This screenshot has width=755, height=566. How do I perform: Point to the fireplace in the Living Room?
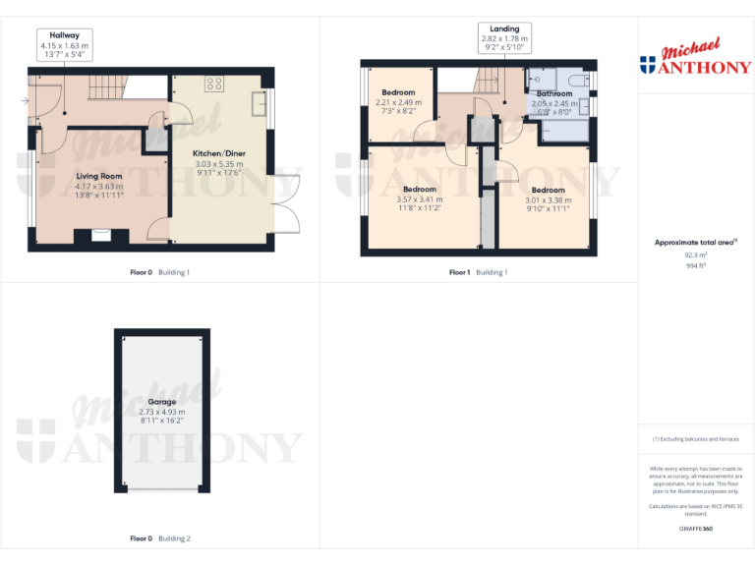(100, 235)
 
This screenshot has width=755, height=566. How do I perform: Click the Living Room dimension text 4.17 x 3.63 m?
(99, 186)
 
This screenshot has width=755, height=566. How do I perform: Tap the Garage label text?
(162, 402)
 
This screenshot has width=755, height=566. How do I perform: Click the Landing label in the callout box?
(504, 28)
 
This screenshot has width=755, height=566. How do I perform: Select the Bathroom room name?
(554, 94)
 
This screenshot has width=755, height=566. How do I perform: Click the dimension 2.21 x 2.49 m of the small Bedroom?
(398, 102)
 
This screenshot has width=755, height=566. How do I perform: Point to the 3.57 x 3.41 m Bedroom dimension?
(420, 198)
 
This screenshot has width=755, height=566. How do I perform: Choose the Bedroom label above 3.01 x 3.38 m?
(548, 190)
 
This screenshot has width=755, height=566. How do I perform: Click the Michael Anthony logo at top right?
(695, 58)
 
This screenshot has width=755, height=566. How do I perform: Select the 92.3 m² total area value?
(695, 254)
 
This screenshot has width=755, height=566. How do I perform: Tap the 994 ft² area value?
(695, 263)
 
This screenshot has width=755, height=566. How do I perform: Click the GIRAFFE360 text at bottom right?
(695, 529)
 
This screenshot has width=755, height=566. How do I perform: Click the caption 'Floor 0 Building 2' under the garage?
(160, 538)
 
